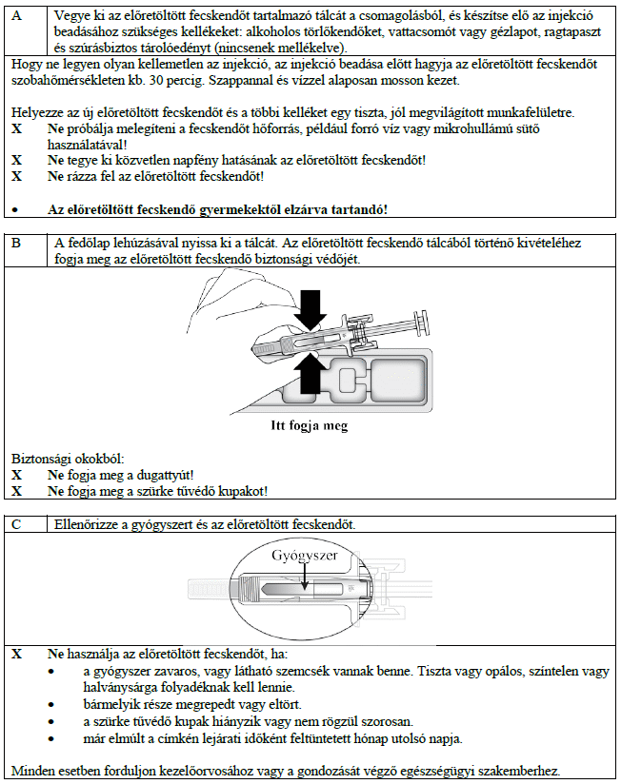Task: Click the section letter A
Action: coord(15,16)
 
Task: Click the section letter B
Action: coord(15,243)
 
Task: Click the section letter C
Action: coord(15,524)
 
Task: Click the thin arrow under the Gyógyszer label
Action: coord(306,578)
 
